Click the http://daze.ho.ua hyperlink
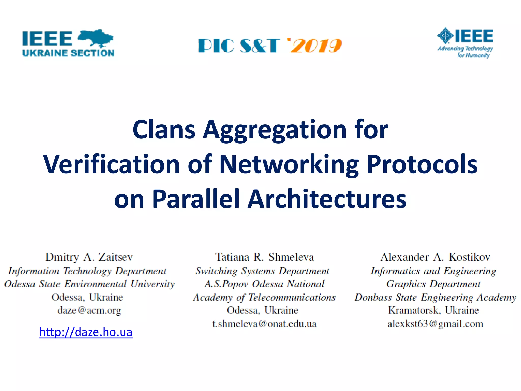(x=86, y=332)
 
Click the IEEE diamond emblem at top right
(x=445, y=36)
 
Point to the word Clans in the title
(x=164, y=130)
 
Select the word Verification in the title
(x=111, y=165)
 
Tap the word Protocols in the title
(x=422, y=165)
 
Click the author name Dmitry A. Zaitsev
(x=89, y=257)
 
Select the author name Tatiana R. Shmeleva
(x=265, y=257)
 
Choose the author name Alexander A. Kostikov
(x=435, y=257)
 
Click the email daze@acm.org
(x=89, y=310)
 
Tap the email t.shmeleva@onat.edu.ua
(x=265, y=324)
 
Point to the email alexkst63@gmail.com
(x=435, y=324)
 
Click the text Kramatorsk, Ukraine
(x=434, y=310)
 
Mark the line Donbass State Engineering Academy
(x=435, y=297)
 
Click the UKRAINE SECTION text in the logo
(x=68, y=53)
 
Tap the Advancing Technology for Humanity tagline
(x=465, y=52)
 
